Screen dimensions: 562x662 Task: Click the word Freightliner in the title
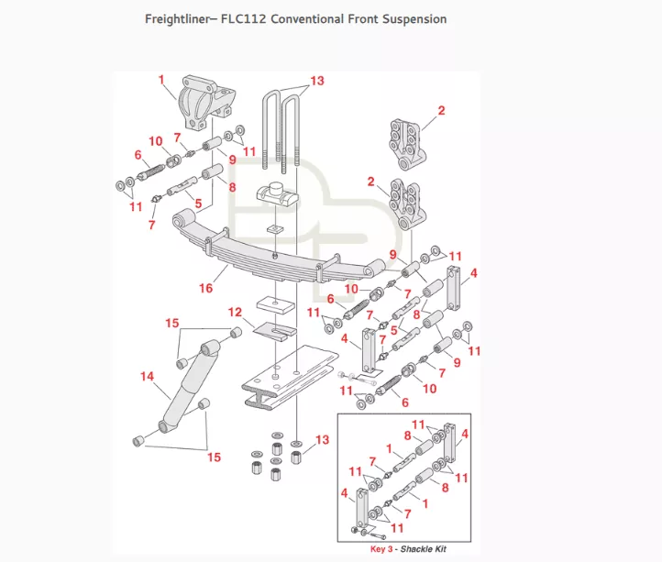coord(179,18)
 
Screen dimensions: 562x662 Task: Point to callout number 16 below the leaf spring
coord(206,288)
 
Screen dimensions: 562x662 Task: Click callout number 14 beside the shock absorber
coord(147,376)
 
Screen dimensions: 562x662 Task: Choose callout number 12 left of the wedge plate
coord(235,313)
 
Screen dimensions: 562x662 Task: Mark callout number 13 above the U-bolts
coord(316,82)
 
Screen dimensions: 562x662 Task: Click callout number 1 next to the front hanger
coord(161,79)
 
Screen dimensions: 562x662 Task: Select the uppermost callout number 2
coord(441,111)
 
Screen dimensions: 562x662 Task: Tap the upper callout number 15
coord(171,323)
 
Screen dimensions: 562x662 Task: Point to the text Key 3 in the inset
coord(382,548)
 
